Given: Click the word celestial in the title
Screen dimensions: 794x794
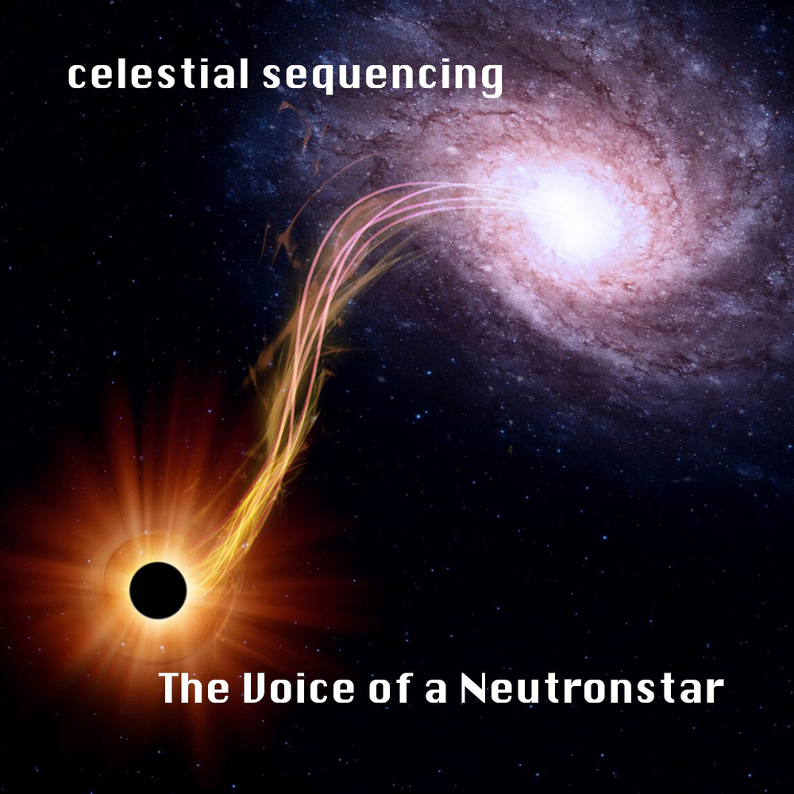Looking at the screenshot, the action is click(159, 74).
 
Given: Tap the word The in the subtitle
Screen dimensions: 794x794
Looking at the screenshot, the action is click(194, 688).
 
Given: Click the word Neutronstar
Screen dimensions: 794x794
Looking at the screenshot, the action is click(592, 688).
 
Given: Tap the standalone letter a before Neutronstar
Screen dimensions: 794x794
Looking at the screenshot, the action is click(436, 692).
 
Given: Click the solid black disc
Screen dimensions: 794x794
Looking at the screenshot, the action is click(158, 591).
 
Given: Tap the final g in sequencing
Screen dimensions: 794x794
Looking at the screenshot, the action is click(491, 80).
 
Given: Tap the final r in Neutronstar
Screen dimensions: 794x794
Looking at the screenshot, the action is click(717, 692).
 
